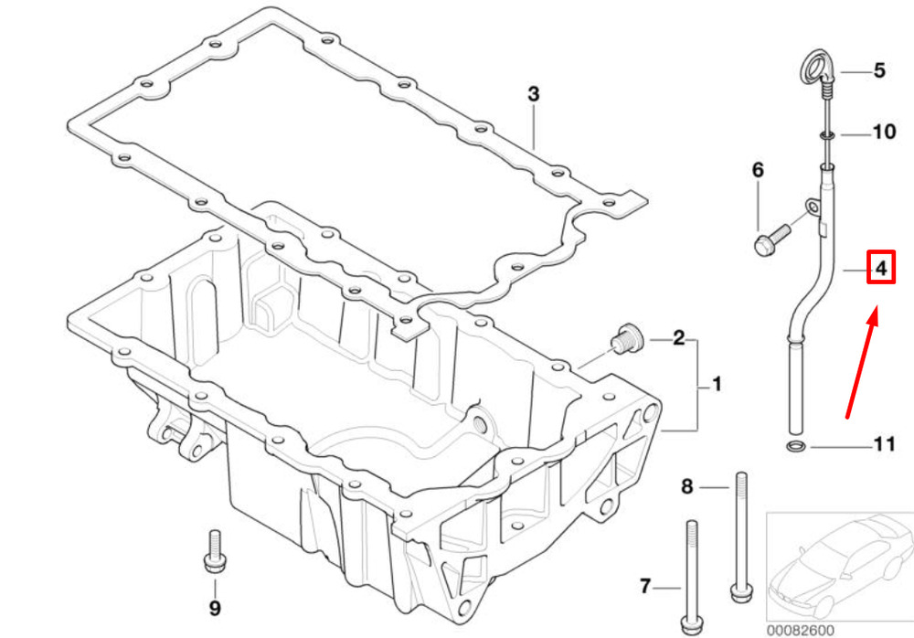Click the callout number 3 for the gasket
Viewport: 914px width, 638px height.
(534, 94)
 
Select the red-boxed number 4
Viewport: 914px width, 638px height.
(881, 268)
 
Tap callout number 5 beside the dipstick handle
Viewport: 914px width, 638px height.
(879, 70)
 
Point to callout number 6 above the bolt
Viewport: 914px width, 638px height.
(757, 170)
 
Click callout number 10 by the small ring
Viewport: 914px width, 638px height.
(884, 132)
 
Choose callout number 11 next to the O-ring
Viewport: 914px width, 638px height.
(884, 444)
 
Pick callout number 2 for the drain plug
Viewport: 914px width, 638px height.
(678, 337)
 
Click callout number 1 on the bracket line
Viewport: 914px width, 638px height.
(717, 384)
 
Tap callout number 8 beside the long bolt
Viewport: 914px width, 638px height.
(687, 486)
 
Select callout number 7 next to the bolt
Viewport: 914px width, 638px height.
(644, 586)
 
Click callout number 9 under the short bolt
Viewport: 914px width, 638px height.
(215, 608)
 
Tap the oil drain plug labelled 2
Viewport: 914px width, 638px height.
(626, 337)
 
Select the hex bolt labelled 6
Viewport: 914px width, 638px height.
(771, 239)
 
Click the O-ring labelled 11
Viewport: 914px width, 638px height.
(795, 447)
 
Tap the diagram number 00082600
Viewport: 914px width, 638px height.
(800, 631)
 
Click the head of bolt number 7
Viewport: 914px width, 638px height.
(691, 626)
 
